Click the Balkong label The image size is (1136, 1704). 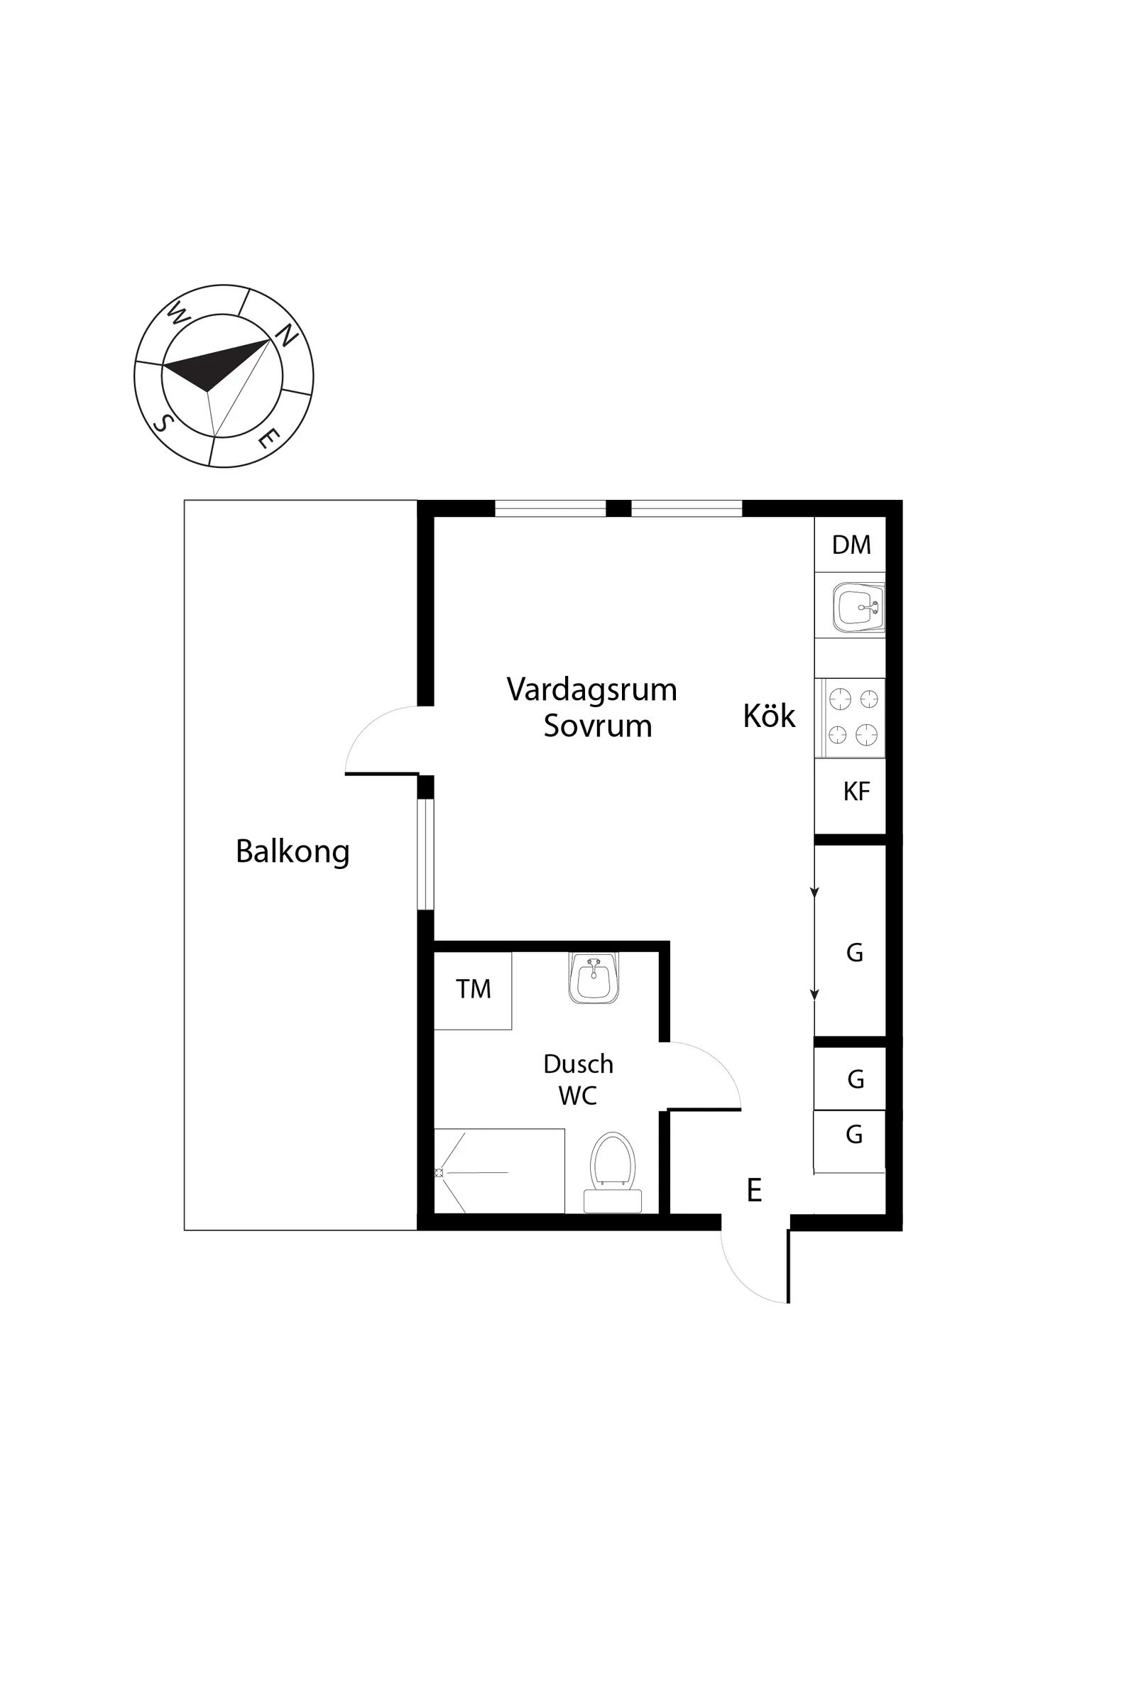(x=293, y=852)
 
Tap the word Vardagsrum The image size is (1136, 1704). (x=592, y=690)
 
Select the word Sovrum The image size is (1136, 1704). (x=598, y=726)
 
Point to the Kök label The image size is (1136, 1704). (x=769, y=716)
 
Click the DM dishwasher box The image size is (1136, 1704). (x=850, y=545)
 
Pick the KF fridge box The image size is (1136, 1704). (x=850, y=796)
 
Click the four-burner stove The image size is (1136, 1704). (x=851, y=718)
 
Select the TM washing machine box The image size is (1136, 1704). (x=473, y=990)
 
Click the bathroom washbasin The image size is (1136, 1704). (x=594, y=978)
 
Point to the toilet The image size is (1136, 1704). (x=612, y=1172)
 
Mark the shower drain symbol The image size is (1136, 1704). (x=439, y=1172)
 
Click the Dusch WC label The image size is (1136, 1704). (x=578, y=1079)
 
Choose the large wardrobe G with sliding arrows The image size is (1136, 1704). (x=850, y=940)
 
